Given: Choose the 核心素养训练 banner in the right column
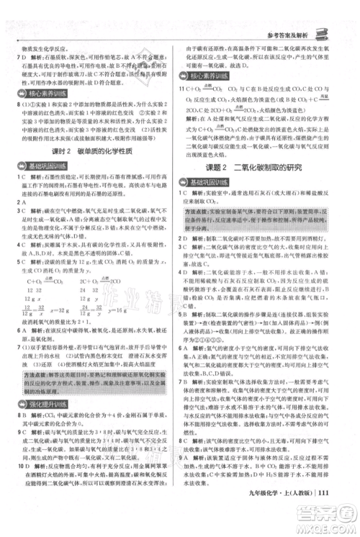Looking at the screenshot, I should coord(215,76).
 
